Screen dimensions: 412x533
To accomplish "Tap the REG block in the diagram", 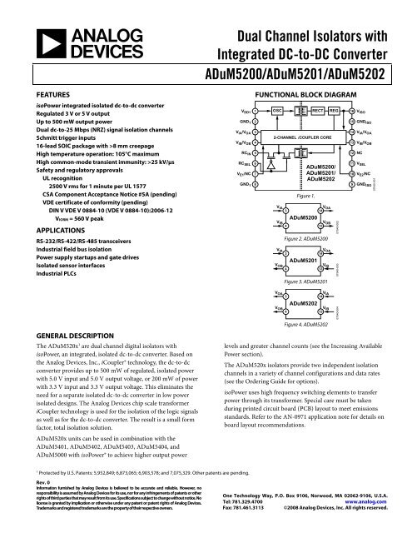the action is tap(340, 111).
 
